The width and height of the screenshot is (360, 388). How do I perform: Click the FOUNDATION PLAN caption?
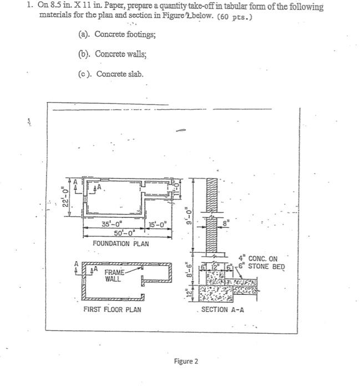click(120, 244)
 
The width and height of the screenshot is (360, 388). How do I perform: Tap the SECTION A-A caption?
click(222, 309)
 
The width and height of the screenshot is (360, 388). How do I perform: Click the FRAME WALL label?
click(115, 275)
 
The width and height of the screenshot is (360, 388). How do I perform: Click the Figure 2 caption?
click(186, 361)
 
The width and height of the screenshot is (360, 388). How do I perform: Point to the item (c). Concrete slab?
click(111, 74)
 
